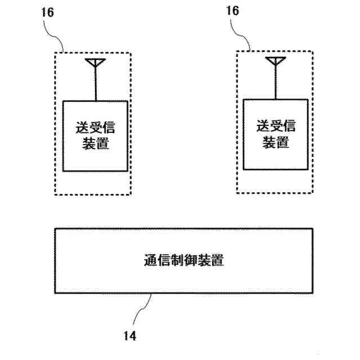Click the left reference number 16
tap(48, 13)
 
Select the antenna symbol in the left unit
tap(93, 62)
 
